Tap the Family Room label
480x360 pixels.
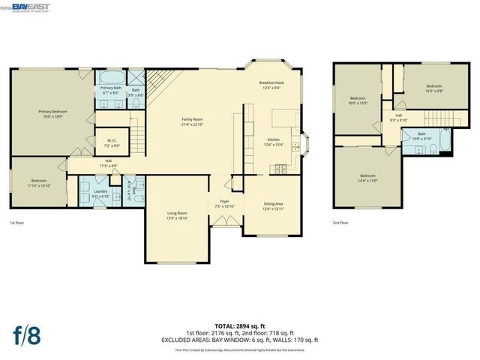(193, 121)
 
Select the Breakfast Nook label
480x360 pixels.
(271, 85)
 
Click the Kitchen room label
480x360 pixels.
(274, 142)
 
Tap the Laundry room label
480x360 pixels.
(102, 193)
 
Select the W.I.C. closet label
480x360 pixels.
(111, 142)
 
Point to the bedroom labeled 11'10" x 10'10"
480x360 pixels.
(39, 183)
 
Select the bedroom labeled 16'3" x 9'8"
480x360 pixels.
(434, 88)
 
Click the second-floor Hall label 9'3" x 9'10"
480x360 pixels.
(398, 118)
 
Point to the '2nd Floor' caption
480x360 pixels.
(341, 223)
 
